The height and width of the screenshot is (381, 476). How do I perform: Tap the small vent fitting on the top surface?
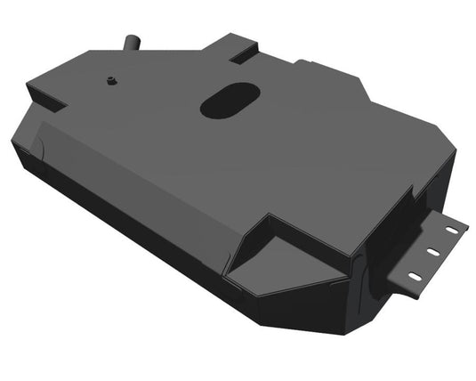pos(111,80)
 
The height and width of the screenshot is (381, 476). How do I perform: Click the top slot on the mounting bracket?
pos(453,230)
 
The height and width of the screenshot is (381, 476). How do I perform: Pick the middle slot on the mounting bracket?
pos(435,252)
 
